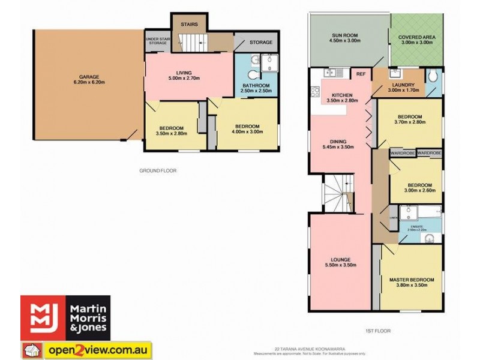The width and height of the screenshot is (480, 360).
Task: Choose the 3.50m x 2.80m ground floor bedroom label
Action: pos(173,130)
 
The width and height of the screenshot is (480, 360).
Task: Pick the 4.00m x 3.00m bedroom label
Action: pos(247,129)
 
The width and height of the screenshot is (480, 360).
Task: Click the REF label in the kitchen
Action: pos(361,74)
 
